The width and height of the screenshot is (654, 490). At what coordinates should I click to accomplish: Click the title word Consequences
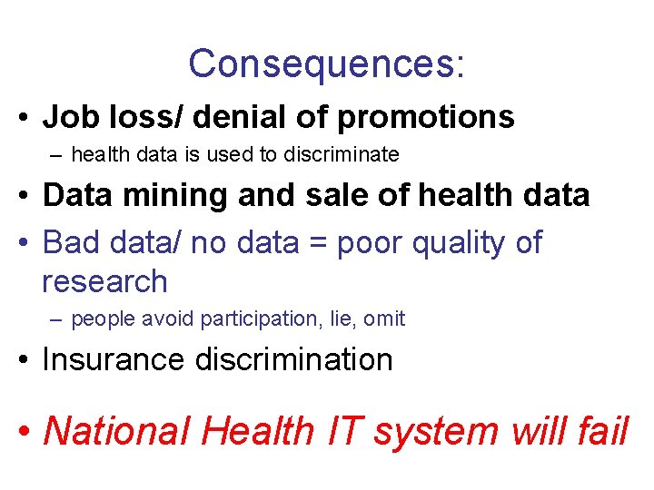(x=322, y=64)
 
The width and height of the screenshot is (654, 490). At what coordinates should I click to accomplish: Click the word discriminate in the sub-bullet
(x=341, y=155)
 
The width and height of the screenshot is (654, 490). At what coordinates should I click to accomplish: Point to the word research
(x=104, y=281)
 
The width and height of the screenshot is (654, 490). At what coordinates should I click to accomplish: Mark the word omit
(x=386, y=319)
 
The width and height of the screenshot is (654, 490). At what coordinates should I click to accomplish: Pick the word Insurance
(x=113, y=359)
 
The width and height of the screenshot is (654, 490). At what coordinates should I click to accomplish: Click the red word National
(x=117, y=430)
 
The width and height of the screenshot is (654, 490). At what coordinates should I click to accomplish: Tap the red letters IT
(x=342, y=430)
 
